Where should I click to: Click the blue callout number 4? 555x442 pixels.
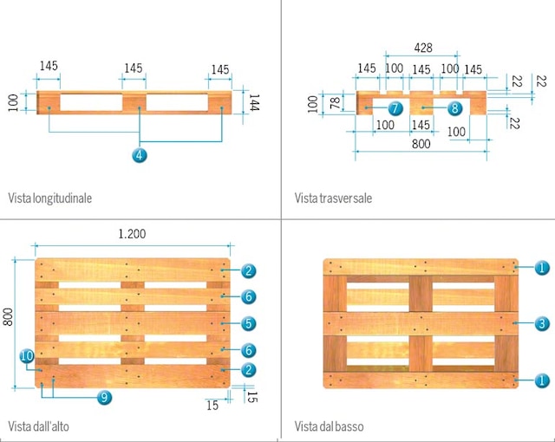[x=139, y=155]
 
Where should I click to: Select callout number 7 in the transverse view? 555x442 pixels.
[x=395, y=108]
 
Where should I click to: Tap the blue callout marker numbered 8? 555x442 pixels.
[x=454, y=108]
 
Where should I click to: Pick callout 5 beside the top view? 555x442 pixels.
[x=248, y=323]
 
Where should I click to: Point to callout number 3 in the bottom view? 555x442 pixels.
[x=541, y=323]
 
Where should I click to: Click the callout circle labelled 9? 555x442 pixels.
[x=103, y=397]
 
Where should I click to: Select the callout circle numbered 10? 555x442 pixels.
[x=27, y=355]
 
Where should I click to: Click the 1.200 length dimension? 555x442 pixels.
[x=132, y=233]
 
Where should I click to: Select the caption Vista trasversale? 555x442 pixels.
[x=333, y=198]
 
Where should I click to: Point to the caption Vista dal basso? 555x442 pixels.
[x=329, y=426]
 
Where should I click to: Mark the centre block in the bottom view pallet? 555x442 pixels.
[x=421, y=323]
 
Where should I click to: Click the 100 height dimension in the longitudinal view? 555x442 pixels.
[x=12, y=102]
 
